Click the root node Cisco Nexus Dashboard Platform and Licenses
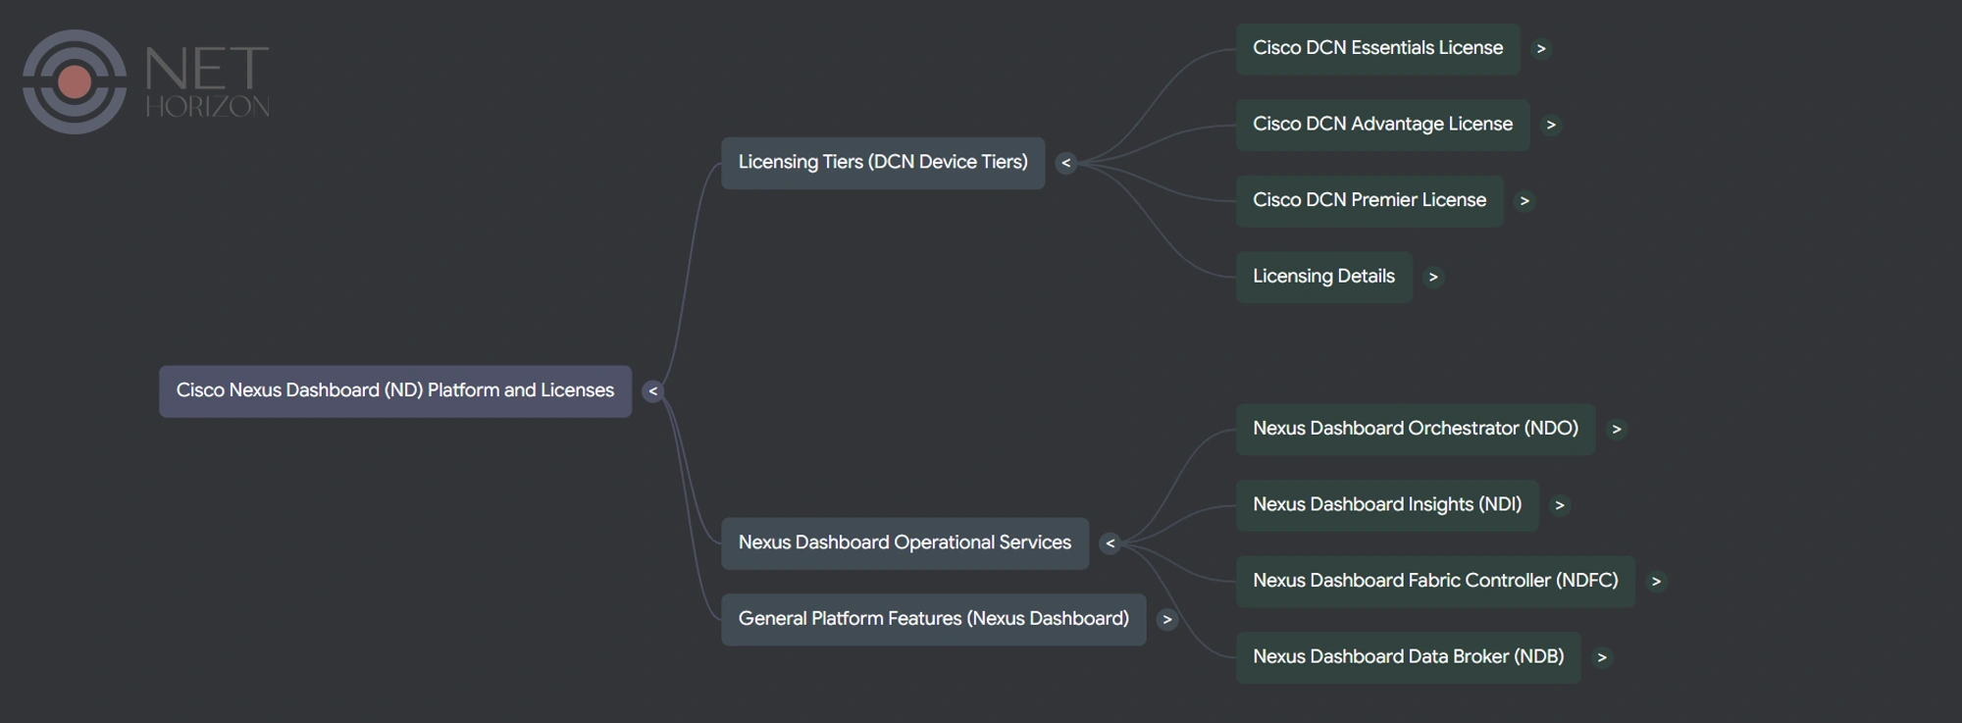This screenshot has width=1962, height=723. coord(394,390)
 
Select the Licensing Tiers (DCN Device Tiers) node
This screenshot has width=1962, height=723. coord(882,163)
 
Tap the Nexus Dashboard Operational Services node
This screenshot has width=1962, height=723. coord(904,542)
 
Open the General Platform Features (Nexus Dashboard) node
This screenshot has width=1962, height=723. coord(933,619)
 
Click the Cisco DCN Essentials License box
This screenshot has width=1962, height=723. coord(1376,48)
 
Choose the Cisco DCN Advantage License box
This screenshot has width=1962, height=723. coord(1381,125)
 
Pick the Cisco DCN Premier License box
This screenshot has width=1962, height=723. coord(1368,200)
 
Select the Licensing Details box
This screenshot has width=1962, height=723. coord(1322,277)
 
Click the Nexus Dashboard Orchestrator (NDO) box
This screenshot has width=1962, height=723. coord(1415,429)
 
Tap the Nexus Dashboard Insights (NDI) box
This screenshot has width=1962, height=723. coord(1386,505)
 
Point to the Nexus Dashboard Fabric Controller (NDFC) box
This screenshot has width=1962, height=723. coord(1434,581)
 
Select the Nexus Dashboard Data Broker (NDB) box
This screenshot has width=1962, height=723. coord(1407,657)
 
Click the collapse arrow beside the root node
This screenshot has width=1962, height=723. coord(652,391)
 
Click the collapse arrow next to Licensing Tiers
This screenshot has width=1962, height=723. coord(1065,163)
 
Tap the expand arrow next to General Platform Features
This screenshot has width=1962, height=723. coord(1166,620)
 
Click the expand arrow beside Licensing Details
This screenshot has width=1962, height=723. coord(1433,278)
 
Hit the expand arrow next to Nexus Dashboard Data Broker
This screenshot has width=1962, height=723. coord(1601,658)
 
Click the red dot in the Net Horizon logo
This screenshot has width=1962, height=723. coord(75,81)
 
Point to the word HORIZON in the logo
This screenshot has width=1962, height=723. coord(207,106)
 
